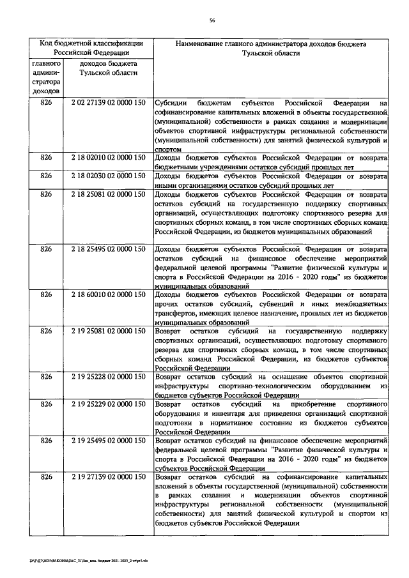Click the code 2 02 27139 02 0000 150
107,103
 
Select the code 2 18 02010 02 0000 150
107,157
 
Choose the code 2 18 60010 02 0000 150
107,296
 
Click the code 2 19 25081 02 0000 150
107,333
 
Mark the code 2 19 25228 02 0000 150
107,378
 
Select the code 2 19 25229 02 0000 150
107,406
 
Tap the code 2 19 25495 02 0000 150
107,442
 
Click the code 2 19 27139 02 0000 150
107,478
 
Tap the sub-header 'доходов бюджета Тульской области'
107,70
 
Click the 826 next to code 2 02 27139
46,103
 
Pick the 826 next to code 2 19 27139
46,478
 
